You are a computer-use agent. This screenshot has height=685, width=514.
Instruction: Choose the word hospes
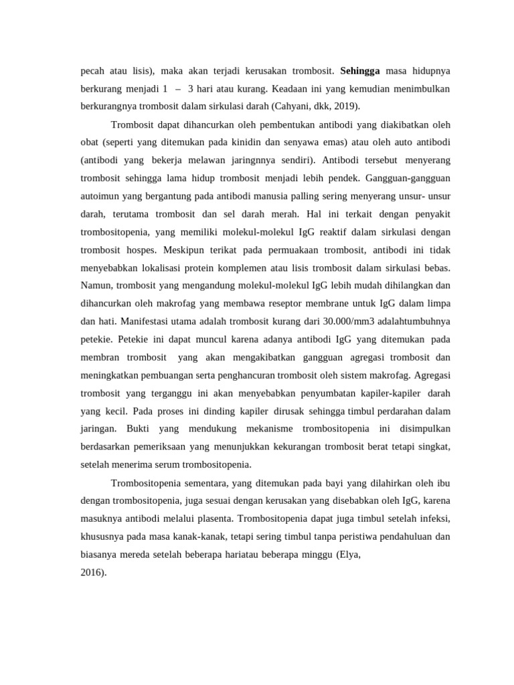[143, 250]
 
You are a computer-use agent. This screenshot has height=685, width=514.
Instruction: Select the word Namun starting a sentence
[95, 286]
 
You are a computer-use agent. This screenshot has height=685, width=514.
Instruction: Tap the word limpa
[437, 304]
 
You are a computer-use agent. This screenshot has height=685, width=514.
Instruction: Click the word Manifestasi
[135, 322]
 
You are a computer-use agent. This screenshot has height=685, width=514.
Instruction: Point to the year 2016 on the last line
[92, 573]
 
